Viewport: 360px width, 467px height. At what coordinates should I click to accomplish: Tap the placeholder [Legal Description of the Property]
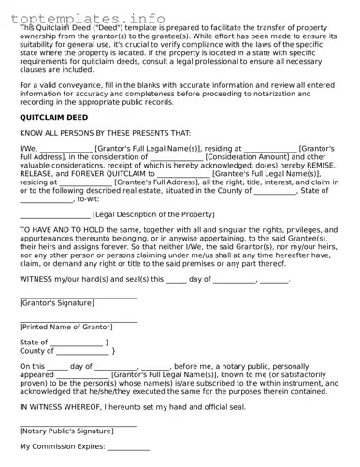point(153,214)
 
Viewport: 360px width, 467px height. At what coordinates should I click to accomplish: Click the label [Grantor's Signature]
point(57,303)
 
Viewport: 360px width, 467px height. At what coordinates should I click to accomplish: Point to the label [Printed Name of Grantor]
point(65,326)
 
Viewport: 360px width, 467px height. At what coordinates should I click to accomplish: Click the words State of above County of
point(33,343)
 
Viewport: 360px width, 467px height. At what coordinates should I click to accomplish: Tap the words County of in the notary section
point(36,351)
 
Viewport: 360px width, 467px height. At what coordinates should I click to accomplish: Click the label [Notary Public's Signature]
point(66,431)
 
